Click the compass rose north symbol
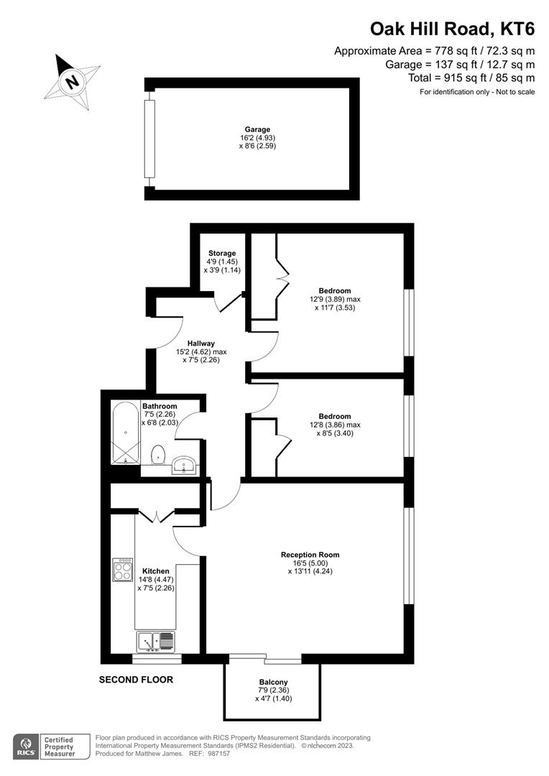pyautogui.click(x=72, y=80)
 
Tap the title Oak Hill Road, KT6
pyautogui.click(x=452, y=29)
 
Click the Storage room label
pyautogui.click(x=222, y=254)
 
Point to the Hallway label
pyautogui.click(x=201, y=343)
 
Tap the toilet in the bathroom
pyautogui.click(x=159, y=454)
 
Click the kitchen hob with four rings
pyautogui.click(x=122, y=570)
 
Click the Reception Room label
pyautogui.click(x=310, y=555)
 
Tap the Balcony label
pyautogui.click(x=273, y=682)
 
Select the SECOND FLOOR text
pyautogui.click(x=136, y=679)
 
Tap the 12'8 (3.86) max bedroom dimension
pyautogui.click(x=334, y=425)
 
